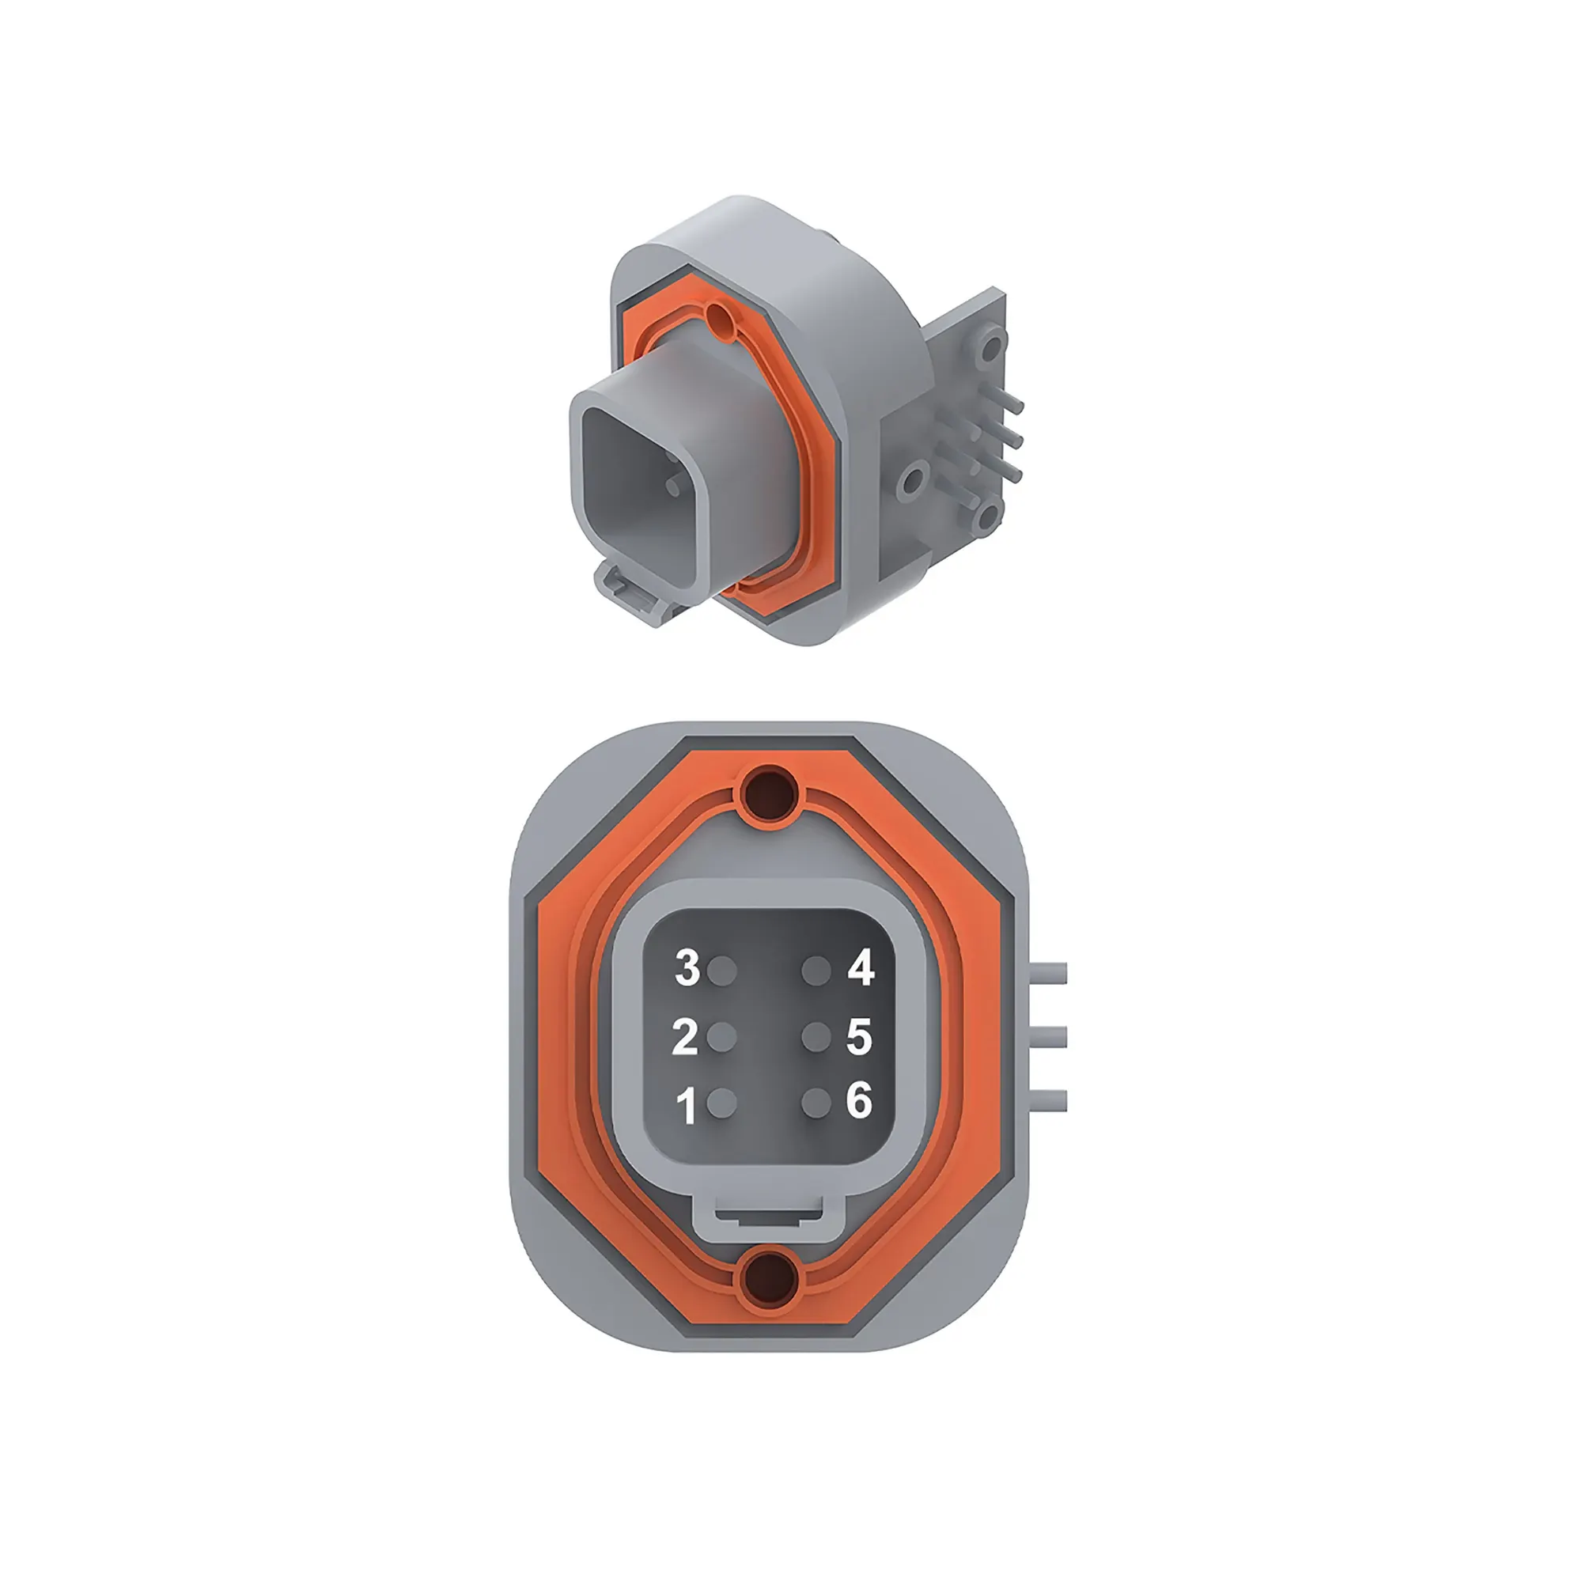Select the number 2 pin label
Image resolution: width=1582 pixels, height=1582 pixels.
pyautogui.click(x=685, y=1037)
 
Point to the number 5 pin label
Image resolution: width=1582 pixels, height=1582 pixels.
pyautogui.click(x=859, y=1036)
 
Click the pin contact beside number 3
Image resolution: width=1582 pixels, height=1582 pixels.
pyautogui.click(x=721, y=972)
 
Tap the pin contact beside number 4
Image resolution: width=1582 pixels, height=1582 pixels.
pyautogui.click(x=816, y=972)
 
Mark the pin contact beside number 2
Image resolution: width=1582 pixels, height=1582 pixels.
pyautogui.click(x=721, y=1038)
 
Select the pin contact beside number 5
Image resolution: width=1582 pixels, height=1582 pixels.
pyautogui.click(x=816, y=1038)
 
